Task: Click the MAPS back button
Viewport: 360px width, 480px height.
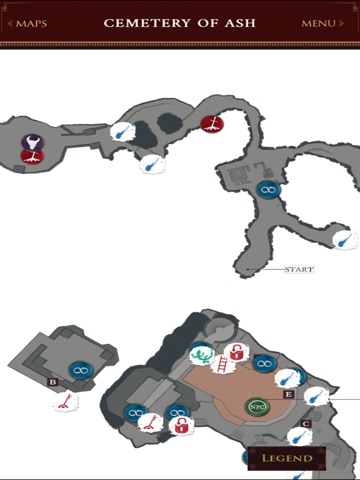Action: point(27,23)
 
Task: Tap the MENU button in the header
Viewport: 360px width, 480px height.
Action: point(322,23)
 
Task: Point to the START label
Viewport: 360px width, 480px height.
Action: point(299,269)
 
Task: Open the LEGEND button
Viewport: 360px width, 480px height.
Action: point(287,458)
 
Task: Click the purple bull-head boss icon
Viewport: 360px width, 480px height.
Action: point(33,142)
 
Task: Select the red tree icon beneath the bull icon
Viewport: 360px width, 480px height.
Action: point(32,156)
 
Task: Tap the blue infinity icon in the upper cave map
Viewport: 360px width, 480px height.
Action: point(268,190)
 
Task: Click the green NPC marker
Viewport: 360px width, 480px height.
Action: point(257,406)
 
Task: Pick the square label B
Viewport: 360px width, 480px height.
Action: point(53,382)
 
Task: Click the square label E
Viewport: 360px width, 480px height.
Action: point(289,395)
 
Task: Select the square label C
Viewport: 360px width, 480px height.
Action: point(306,424)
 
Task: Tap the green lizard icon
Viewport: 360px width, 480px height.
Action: point(201,355)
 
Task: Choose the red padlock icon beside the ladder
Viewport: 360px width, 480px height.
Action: point(236,352)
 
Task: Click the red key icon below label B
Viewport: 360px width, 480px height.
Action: point(65,401)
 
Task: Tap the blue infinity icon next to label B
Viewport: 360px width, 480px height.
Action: point(80,370)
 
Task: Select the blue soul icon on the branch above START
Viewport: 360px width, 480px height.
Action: point(345,239)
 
